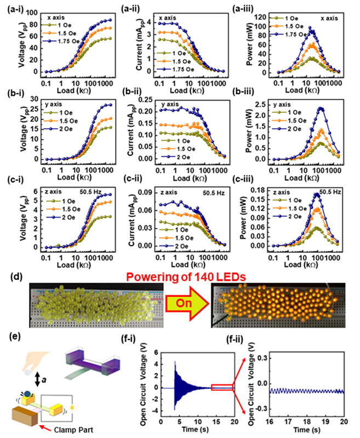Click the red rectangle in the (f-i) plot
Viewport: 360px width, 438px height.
click(222, 387)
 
